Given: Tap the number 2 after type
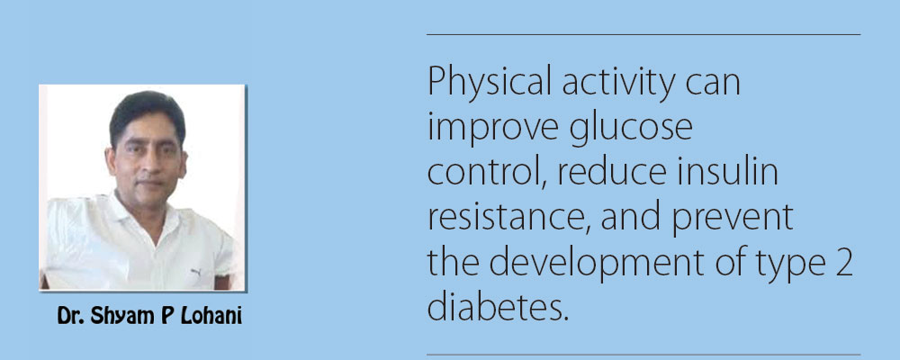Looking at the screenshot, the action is point(844,265).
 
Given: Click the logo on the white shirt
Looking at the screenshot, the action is point(195,272).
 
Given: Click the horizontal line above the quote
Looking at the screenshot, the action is point(643,34).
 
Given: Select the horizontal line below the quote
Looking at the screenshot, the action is point(643,355).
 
